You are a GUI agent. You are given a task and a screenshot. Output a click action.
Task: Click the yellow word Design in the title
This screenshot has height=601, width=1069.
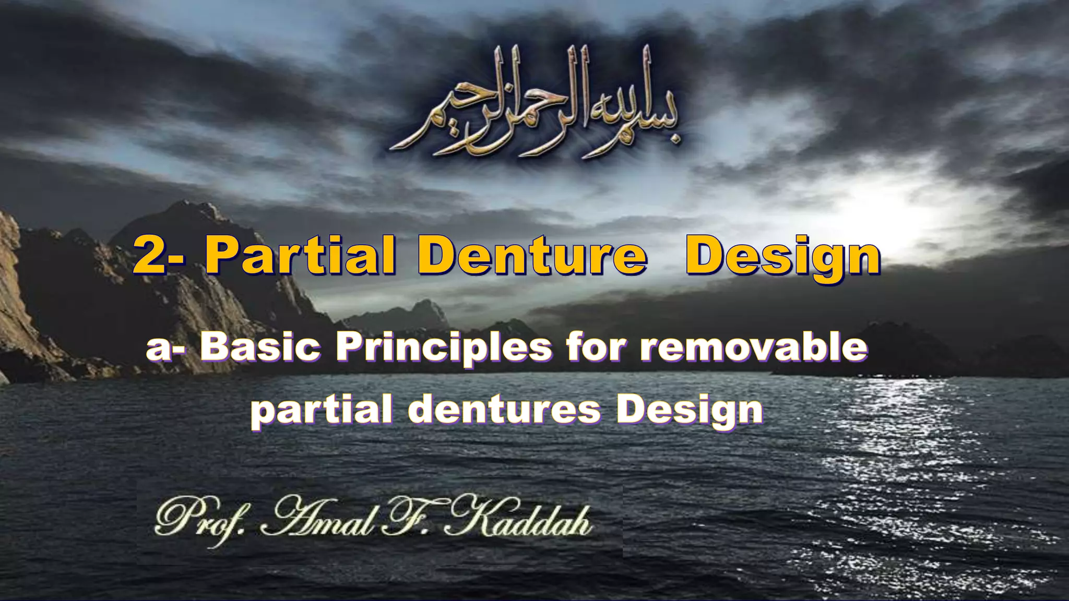tap(783, 257)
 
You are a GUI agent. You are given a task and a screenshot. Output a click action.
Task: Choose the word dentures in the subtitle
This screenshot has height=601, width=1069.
tap(504, 410)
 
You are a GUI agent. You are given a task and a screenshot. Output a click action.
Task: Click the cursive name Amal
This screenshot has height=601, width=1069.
tap(319, 519)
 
